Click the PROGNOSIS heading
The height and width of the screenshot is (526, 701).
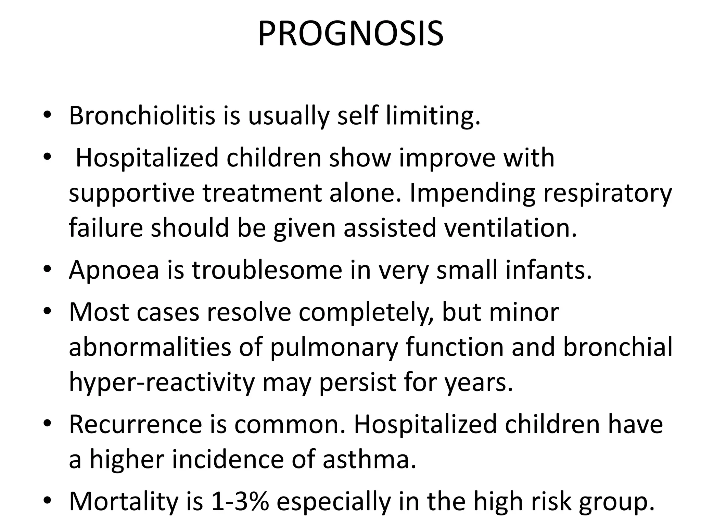(350, 34)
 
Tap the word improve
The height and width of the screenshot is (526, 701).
(447, 159)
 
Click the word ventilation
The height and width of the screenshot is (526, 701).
(510, 228)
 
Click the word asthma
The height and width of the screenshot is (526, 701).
(370, 460)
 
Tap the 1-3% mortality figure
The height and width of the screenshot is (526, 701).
(240, 502)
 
